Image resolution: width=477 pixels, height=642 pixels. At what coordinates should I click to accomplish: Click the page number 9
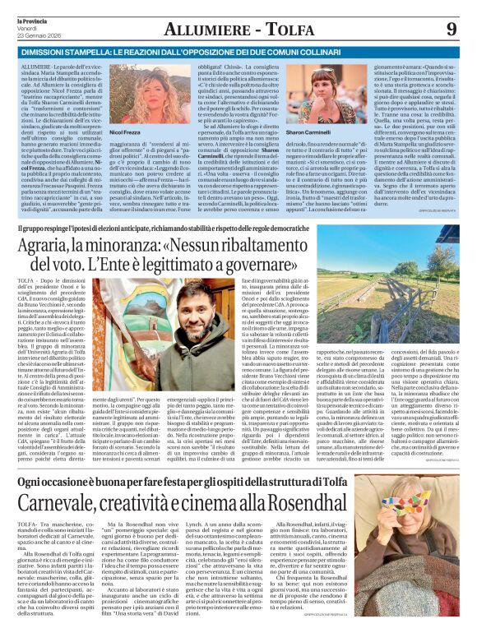pyautogui.click(x=450, y=30)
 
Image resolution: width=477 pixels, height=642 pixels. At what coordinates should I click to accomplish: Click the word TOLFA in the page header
pyautogui.click(x=271, y=30)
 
